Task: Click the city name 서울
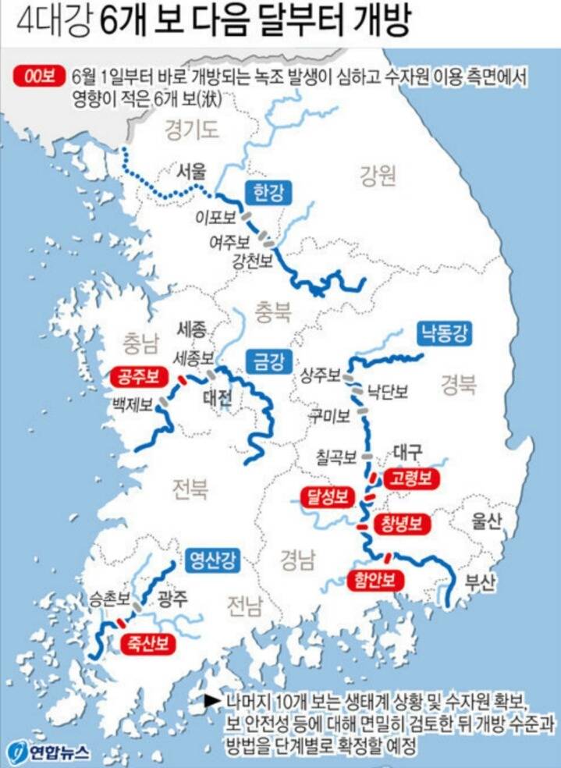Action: tap(192, 170)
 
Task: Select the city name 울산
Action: tap(485, 522)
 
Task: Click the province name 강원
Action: tap(378, 176)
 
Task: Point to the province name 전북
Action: tap(190, 489)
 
